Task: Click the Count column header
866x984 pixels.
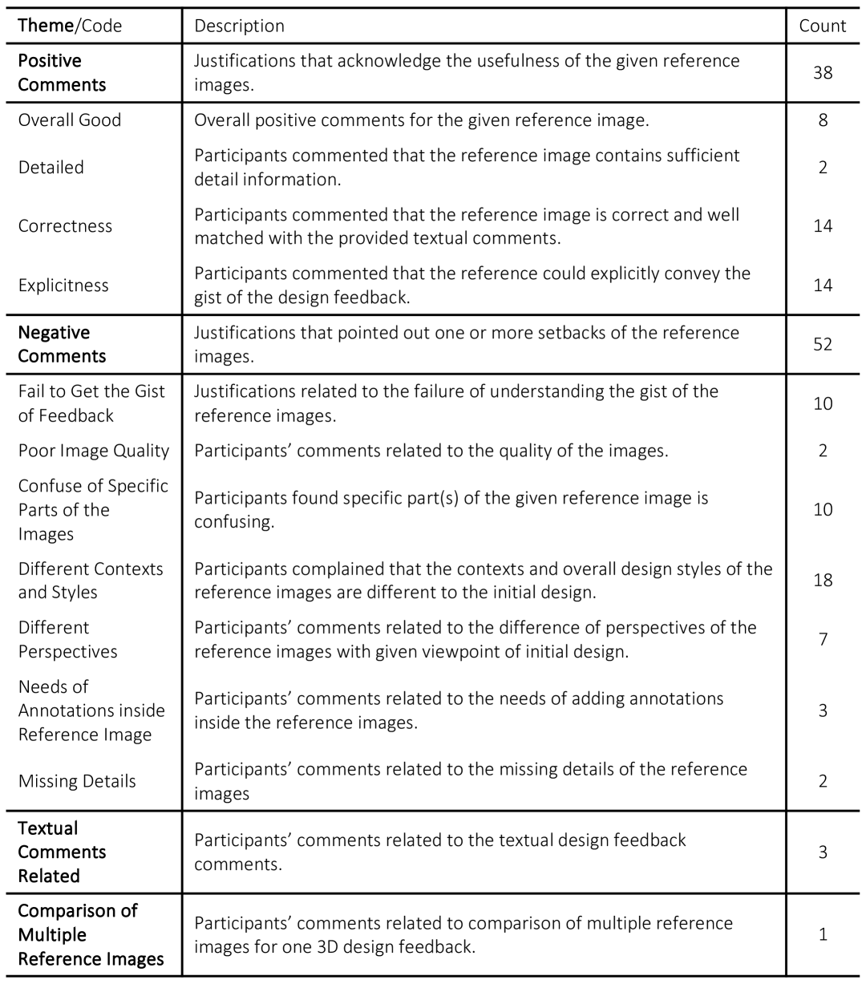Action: [x=822, y=26]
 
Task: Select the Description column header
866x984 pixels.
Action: [x=239, y=26]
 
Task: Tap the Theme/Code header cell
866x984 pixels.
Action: [x=70, y=26]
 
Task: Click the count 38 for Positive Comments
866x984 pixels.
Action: [x=822, y=72]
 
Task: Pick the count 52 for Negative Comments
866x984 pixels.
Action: [x=822, y=344]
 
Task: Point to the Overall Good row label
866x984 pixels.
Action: [x=70, y=120]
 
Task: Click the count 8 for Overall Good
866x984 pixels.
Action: [x=823, y=120]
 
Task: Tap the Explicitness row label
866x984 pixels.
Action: [x=63, y=285]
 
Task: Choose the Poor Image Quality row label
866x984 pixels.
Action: [x=94, y=451]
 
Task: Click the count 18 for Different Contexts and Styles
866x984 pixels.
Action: [x=822, y=580]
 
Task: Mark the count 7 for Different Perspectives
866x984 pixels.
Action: [x=823, y=639]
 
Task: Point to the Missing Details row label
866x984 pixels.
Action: [x=77, y=782]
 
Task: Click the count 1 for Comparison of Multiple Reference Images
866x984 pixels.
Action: [x=823, y=934]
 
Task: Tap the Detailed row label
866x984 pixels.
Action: [x=51, y=168]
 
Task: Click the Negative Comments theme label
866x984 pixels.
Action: [x=62, y=344]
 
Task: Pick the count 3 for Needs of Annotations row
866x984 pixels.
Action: [x=823, y=711]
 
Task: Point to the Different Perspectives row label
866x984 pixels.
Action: [x=67, y=639]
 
